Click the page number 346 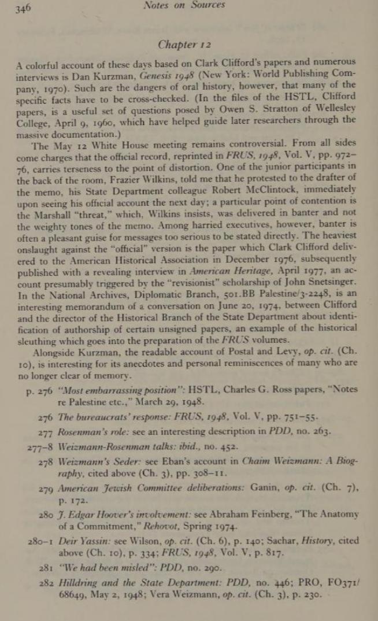point(23,7)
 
